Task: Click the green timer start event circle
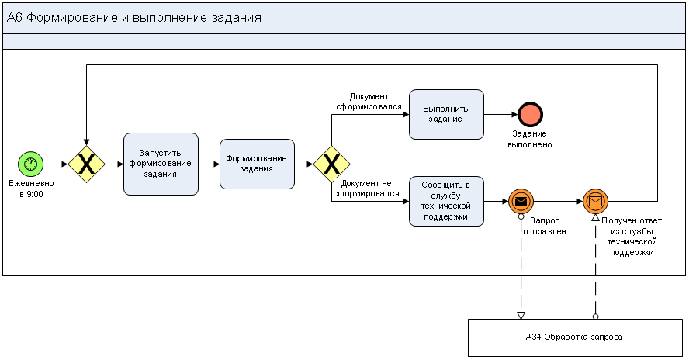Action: point(31,164)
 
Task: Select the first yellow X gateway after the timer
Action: point(86,164)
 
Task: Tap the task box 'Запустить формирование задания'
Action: point(161,164)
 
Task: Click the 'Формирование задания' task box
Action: point(257,164)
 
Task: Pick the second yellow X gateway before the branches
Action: point(331,164)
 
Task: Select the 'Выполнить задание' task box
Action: point(446,114)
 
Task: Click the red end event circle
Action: point(530,114)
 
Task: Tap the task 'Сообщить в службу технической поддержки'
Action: point(446,201)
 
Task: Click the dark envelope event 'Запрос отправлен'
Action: point(521,202)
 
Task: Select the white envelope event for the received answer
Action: point(595,202)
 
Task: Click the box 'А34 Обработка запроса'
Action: point(573,337)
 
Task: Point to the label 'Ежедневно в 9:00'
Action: point(31,189)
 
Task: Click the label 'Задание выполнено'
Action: point(530,139)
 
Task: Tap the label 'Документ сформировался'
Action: point(369,102)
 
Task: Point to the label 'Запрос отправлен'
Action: point(543,226)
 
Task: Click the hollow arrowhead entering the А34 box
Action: point(521,314)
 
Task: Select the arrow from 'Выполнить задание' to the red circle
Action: point(500,114)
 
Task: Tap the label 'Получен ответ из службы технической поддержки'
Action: point(632,237)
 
